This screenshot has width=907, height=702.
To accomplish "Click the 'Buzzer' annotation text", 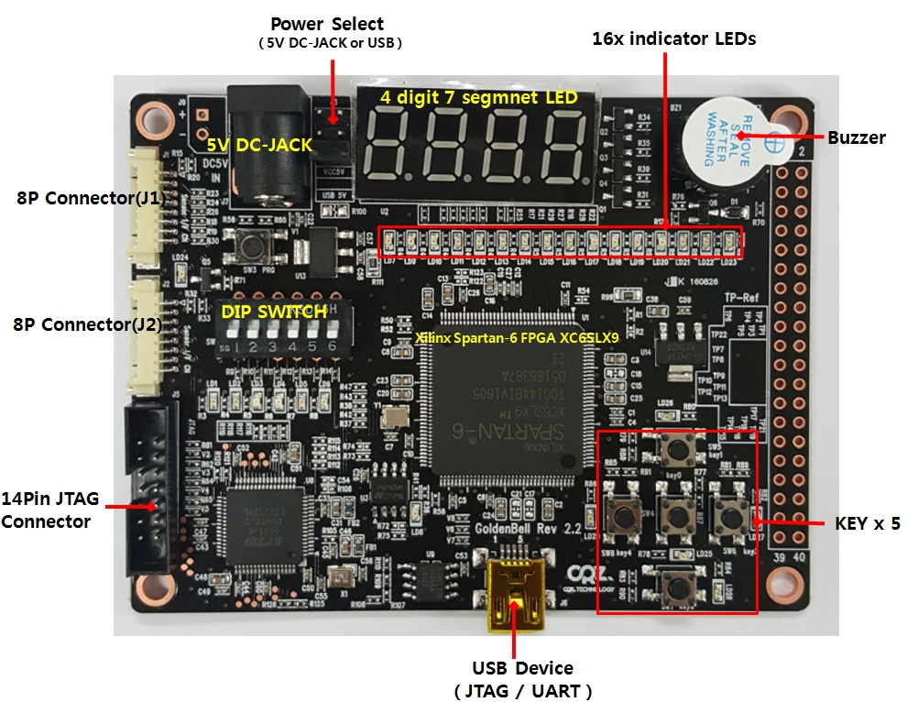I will coord(856,138).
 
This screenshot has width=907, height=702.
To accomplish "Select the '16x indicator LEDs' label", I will coord(673,38).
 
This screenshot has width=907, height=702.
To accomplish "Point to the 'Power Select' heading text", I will coord(327,24).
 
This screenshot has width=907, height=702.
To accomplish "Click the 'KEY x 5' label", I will coord(867,523).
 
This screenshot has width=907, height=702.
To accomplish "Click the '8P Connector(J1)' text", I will coord(71,197).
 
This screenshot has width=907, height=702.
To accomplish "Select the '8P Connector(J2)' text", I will coord(71,324).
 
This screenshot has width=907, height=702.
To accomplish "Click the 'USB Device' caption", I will coord(522,668).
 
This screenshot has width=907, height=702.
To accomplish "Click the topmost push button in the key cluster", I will coord(678,450).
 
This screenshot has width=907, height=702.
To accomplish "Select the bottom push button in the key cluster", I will coord(675,584).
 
